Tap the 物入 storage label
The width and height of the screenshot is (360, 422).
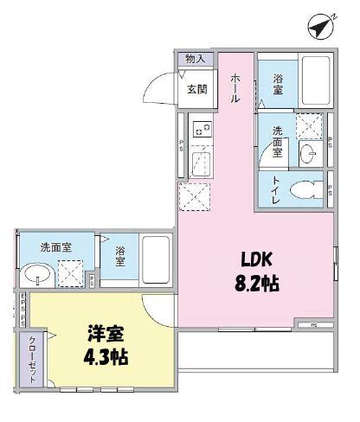tap(195, 59)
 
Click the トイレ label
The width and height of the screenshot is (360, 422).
tap(275, 189)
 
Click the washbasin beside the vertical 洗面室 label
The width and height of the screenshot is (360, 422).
tap(307, 154)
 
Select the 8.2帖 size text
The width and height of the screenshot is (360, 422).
tap(257, 283)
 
